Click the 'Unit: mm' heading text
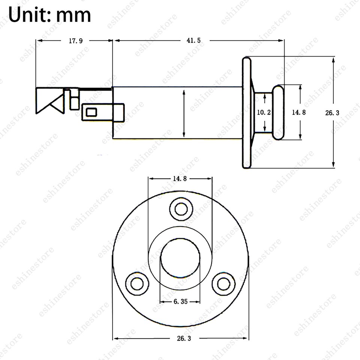pos(49,15)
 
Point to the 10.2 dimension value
pos(264,112)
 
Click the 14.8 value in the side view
pos(298,112)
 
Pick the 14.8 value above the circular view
pos(180,179)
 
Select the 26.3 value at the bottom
pos(181,338)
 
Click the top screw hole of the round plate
pos(180,208)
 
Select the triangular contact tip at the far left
pos(49,100)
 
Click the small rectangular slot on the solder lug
pos(91,112)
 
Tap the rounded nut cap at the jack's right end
pos(278,112)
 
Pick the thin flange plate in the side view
pos(246,112)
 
